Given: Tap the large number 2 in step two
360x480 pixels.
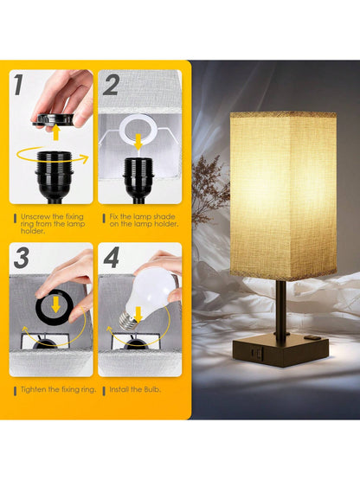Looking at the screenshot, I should (x=112, y=85).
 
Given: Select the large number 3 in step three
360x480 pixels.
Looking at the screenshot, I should (x=22, y=258).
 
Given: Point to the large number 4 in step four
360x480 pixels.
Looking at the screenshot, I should (x=112, y=258).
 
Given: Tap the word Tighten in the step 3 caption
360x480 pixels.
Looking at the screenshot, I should (x=32, y=390).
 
